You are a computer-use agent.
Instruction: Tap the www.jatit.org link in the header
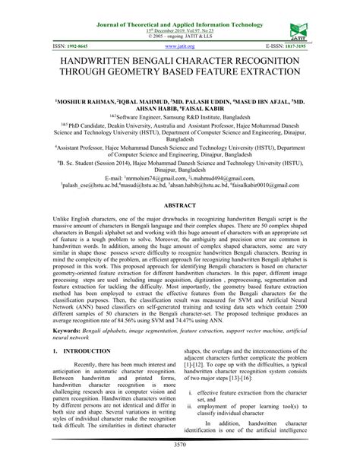(x=180, y=46)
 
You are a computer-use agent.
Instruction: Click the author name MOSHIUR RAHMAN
(x=65, y=100)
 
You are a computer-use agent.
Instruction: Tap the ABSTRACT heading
(x=180, y=205)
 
